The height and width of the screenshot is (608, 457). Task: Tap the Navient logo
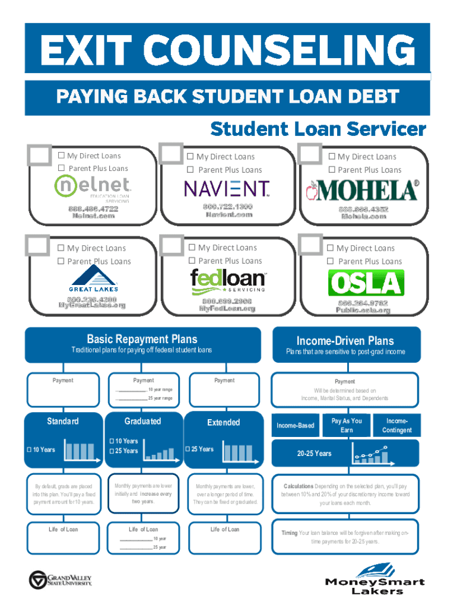pos(226,189)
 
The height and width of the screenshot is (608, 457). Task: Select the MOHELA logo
pos(361,191)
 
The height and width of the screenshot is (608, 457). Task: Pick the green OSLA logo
pos(366,283)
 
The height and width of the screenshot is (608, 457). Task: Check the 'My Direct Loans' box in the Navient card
pos(191,157)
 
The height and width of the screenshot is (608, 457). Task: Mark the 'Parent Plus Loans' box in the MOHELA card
pos(332,170)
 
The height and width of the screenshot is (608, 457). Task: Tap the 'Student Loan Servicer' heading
pos(318,129)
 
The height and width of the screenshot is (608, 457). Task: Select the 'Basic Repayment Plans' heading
pos(142,340)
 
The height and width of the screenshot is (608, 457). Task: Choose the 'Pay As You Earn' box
pos(347,425)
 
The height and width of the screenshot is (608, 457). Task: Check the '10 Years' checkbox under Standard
pos(28,449)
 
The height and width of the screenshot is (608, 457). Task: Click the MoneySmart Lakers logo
pos(375,578)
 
